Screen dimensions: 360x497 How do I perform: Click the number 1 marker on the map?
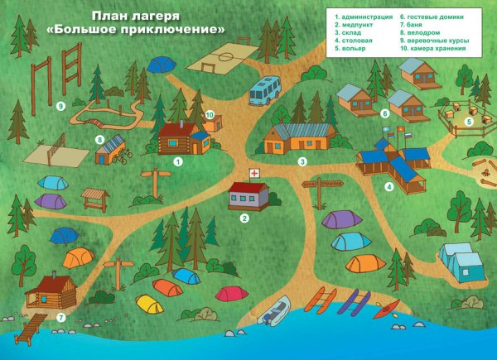point(177,162)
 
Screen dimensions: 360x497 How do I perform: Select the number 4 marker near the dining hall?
point(389,187)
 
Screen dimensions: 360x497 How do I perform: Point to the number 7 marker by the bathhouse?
point(60,317)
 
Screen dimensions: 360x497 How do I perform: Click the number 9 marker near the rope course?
point(60,106)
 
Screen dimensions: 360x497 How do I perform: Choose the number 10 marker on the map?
point(210,115)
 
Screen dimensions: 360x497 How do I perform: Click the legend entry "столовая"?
point(355,38)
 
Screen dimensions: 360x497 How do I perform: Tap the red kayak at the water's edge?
point(386,308)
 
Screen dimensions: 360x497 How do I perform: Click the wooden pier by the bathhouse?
point(27,332)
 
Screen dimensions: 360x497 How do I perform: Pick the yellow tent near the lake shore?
point(150,305)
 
